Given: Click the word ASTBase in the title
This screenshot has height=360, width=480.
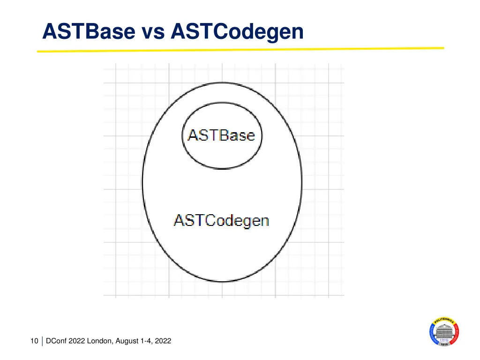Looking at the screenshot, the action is click(89, 31).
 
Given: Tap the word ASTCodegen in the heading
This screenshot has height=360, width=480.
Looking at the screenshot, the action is click(237, 32).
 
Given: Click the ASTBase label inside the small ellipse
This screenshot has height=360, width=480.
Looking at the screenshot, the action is click(221, 135).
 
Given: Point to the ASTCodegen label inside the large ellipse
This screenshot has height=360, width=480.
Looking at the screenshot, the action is click(221, 221).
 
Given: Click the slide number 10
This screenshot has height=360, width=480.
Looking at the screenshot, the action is click(34, 341).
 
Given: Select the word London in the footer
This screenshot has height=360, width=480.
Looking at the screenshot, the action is click(99, 341).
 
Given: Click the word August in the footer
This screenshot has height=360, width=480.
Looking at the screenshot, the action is click(127, 341).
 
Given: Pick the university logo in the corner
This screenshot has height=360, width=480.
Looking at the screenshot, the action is click(444, 331).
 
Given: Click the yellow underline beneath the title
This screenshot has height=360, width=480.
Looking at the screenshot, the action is click(240, 50).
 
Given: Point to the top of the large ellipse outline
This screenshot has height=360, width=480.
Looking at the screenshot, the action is click(222, 82).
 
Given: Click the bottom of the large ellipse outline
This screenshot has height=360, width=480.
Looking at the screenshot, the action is click(222, 281).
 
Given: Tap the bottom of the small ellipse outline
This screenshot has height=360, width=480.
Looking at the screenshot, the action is click(222, 168).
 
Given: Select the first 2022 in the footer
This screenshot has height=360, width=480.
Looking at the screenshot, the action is click(76, 341).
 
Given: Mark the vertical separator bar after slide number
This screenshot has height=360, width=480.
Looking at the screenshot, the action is click(42, 341).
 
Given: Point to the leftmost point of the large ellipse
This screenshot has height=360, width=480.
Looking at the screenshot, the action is click(142, 182).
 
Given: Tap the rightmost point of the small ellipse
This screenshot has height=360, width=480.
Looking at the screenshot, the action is click(262, 135).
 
